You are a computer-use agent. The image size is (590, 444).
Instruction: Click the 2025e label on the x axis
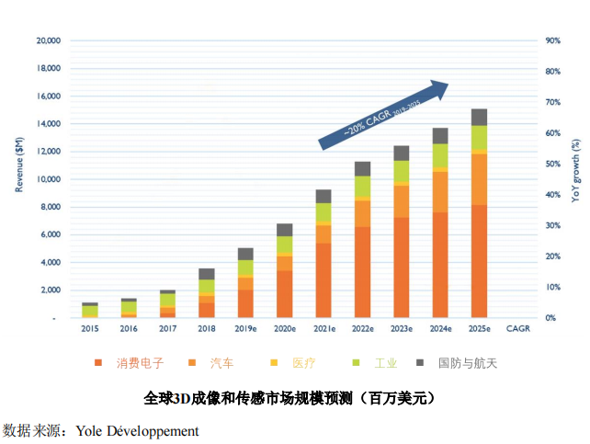(479, 328)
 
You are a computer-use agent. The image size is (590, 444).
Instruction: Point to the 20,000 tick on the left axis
(47, 40)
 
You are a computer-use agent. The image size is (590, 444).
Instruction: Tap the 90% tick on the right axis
(553, 40)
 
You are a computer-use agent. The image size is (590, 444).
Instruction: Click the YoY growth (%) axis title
(575, 169)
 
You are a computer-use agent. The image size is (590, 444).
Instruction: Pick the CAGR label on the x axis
(517, 328)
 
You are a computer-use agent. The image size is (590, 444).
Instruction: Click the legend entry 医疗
(301, 363)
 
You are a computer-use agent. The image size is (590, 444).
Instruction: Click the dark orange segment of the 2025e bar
(479, 260)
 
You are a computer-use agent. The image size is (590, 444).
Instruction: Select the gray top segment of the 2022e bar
(362, 169)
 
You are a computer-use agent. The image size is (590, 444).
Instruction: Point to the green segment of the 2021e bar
(323, 212)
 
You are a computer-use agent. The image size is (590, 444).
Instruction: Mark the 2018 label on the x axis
(207, 328)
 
